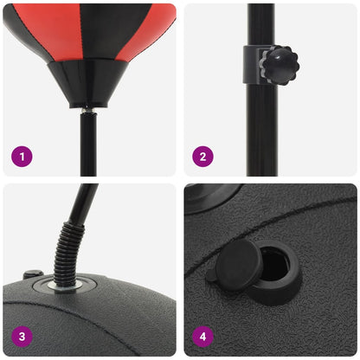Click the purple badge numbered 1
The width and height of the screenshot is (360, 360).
[22, 157]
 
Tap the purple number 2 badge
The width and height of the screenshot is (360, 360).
[203, 157]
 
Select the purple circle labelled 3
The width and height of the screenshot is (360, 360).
[22, 336]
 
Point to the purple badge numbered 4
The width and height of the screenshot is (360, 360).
[203, 336]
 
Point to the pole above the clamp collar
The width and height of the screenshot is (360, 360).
[260, 22]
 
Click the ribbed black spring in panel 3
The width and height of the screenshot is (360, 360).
[67, 251]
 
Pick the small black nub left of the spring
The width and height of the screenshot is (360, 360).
[32, 275]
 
